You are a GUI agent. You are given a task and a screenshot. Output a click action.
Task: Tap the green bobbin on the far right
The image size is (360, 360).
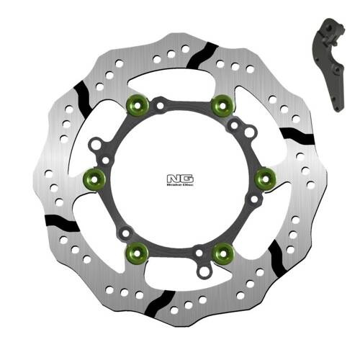pyautogui.click(x=264, y=176)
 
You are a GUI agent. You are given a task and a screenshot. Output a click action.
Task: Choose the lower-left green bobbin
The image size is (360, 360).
pyautogui.click(x=137, y=251)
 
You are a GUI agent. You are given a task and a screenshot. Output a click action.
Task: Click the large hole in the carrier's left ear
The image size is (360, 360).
pyautogui.click(x=96, y=146)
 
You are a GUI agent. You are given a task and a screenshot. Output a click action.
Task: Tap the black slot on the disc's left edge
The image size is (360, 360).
pyautogui.click(x=63, y=221)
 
